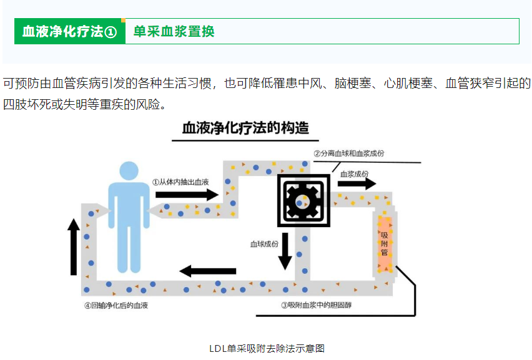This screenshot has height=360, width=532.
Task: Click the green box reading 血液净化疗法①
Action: coord(69,32)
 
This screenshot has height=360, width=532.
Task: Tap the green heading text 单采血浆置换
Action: coord(174,32)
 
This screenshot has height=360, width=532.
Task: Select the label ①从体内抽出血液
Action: coord(180,182)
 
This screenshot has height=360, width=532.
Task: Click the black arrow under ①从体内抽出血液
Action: coord(185,195)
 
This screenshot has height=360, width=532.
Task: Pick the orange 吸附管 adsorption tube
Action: coord(384,242)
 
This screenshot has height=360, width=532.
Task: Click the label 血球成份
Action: coord(264,244)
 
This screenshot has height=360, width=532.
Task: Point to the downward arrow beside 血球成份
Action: coord(285,251)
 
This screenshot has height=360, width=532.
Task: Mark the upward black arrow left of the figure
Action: coord(74,247)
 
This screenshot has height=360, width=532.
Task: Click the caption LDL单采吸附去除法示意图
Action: coord(267,348)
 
